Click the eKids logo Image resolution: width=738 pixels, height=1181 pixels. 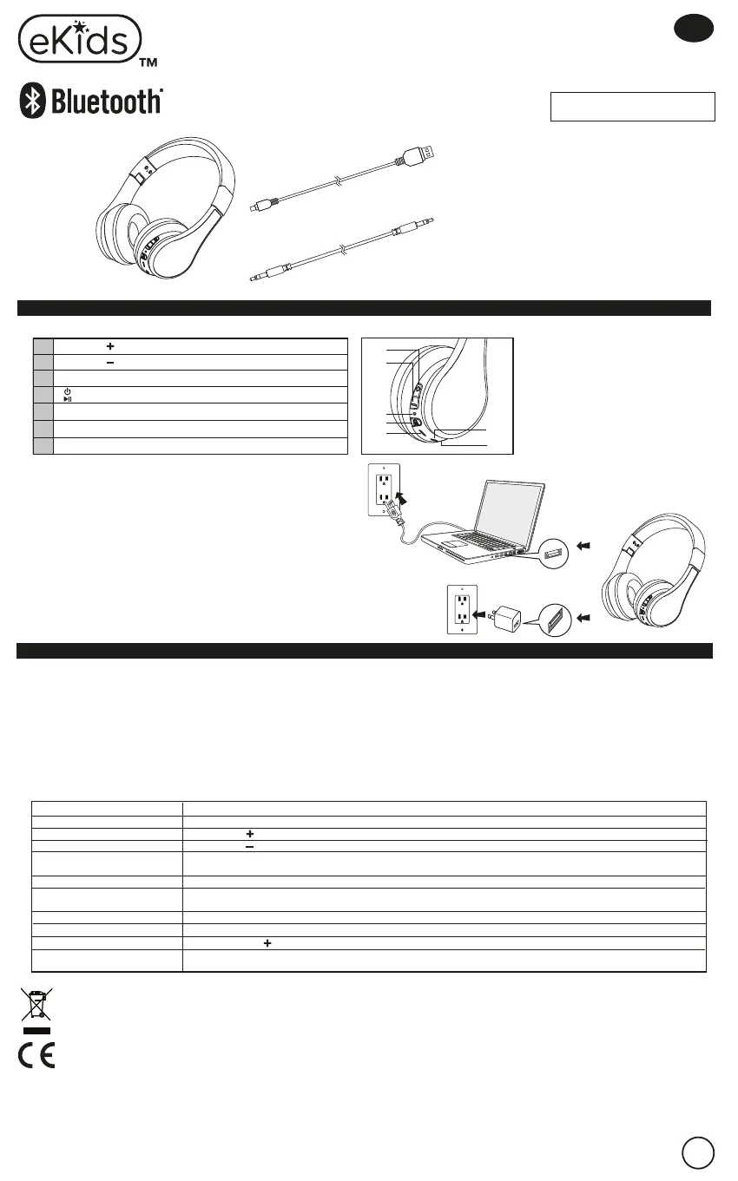pos(80,39)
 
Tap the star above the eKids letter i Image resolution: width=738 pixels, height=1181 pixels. pos(80,27)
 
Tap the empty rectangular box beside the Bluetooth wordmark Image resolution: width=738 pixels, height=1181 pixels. pos(632,107)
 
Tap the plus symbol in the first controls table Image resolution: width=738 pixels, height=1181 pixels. pos(110,345)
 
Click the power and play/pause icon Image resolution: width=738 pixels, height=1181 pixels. pos(67,395)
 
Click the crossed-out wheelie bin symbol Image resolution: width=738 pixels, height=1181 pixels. pos(35,1005)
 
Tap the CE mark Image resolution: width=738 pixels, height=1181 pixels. pos(36,1054)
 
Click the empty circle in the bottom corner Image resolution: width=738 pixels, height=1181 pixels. pos(697,1153)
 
